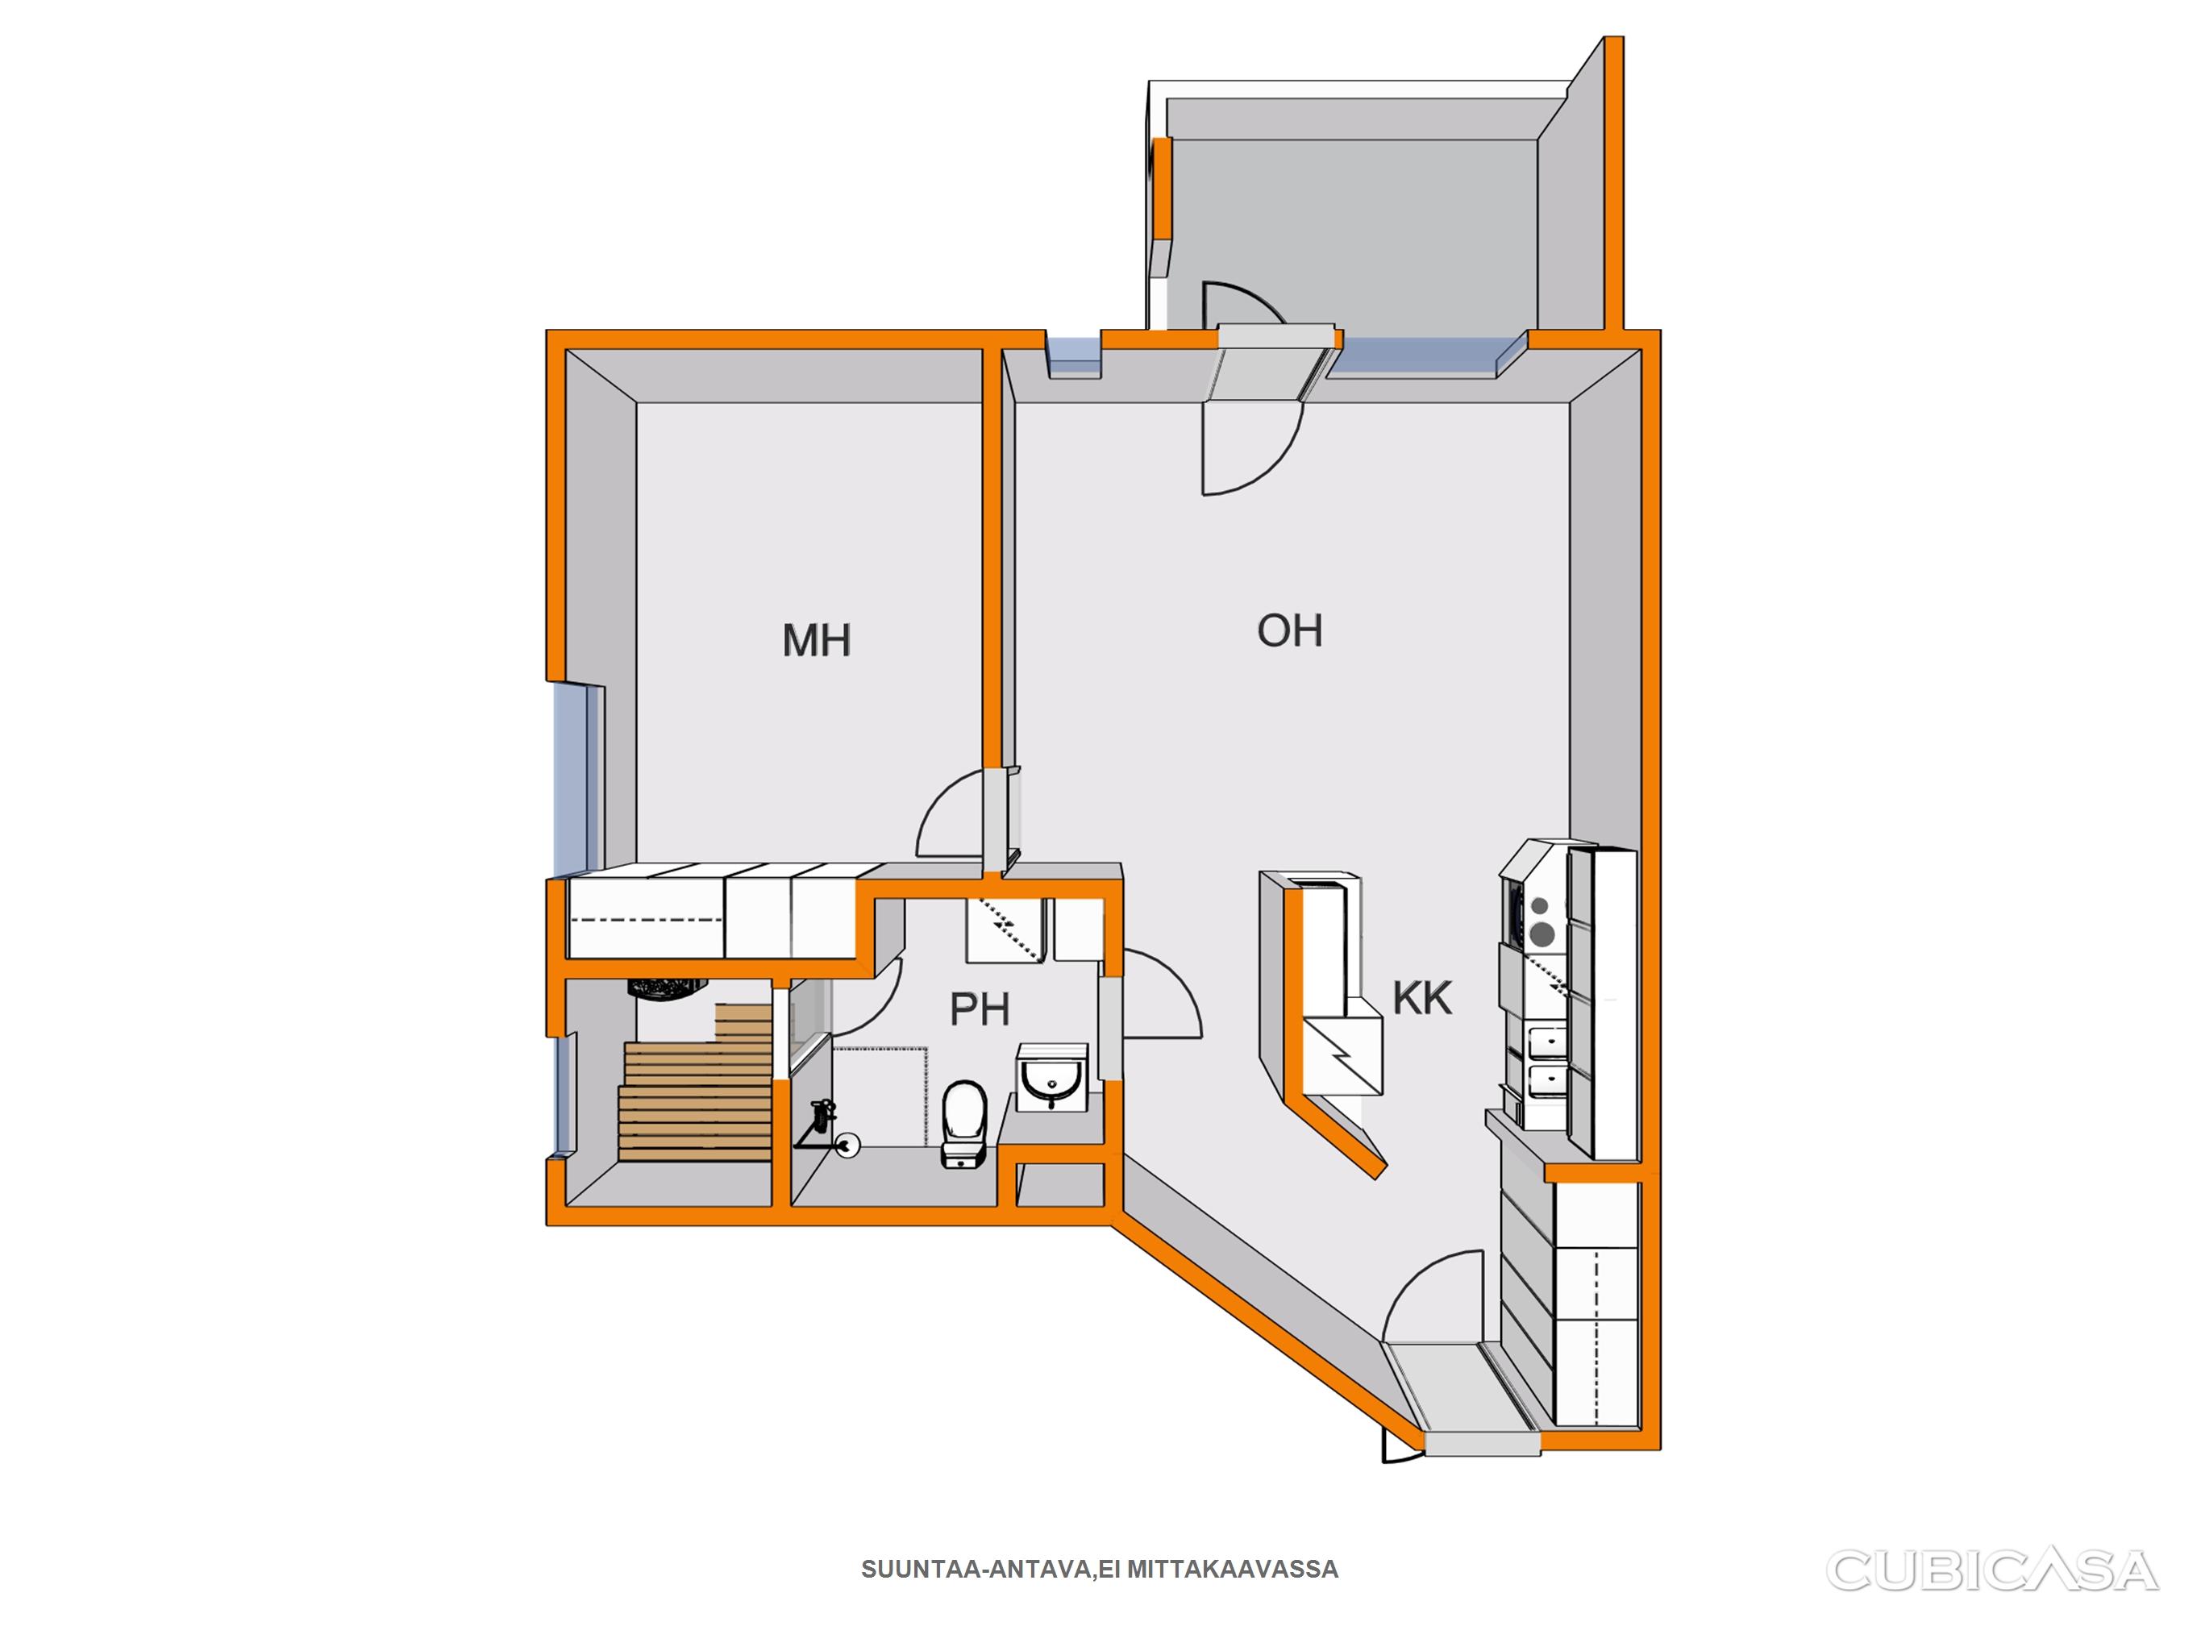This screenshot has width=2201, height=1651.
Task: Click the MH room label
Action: click(816, 640)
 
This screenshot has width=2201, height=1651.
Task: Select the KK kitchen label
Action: click(1422, 997)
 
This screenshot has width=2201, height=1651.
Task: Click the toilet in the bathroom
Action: click(963, 1124)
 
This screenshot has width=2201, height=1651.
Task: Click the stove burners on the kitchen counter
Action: click(1539, 921)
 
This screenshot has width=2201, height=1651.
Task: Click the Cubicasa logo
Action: click(1991, 1570)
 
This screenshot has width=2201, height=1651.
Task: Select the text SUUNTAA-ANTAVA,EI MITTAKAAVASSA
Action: click(1100, 1570)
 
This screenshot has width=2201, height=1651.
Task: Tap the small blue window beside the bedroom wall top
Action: click(1075, 356)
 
